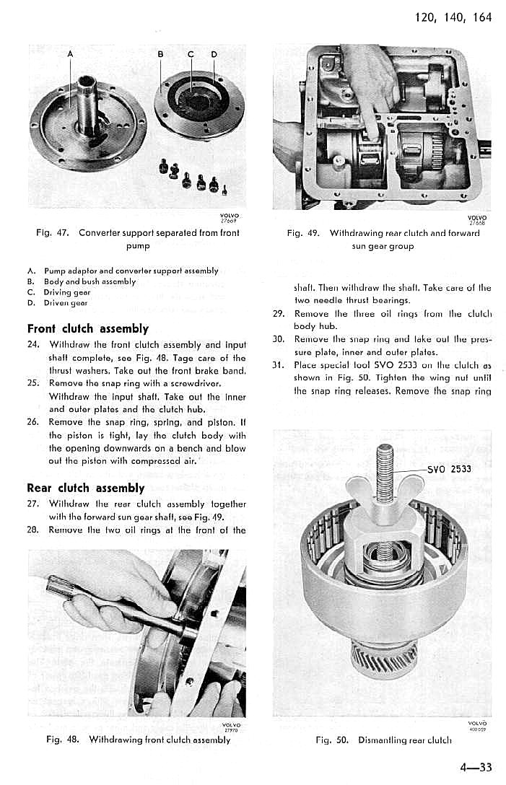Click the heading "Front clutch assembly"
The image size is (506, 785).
click(x=87, y=329)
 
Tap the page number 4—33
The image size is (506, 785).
click(x=474, y=766)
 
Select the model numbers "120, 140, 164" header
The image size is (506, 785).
click(x=453, y=17)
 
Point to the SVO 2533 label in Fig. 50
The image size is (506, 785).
click(x=449, y=469)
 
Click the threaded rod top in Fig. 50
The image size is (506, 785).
click(x=385, y=455)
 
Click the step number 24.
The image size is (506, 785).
click(x=32, y=344)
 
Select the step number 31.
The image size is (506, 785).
click(x=278, y=364)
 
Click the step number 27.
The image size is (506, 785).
click(x=32, y=504)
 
